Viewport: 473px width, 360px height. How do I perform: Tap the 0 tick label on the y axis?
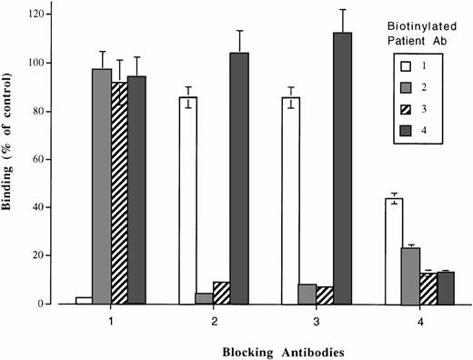point(45,304)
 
